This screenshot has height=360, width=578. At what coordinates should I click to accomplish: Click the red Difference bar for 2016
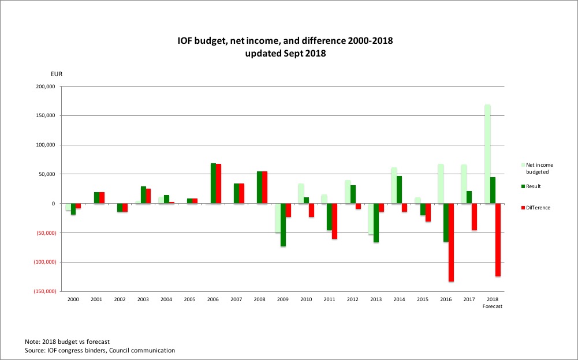(x=451, y=242)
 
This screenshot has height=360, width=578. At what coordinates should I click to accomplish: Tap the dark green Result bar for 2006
(x=213, y=183)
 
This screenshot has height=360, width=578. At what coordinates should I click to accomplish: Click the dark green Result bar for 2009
(x=283, y=225)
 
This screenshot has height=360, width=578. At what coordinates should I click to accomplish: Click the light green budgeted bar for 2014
(x=394, y=185)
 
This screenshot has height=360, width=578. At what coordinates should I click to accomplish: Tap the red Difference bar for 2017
(x=475, y=217)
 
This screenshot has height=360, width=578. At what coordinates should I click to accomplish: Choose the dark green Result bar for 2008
(x=260, y=187)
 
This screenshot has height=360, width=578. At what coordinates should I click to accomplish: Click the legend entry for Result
(x=533, y=186)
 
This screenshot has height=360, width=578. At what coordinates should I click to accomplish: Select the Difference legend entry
(x=538, y=208)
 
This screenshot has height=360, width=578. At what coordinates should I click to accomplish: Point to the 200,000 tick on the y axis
(x=44, y=87)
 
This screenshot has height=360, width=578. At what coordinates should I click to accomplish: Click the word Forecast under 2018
(x=493, y=306)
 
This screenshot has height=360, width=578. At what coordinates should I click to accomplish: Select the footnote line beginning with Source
(x=100, y=350)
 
